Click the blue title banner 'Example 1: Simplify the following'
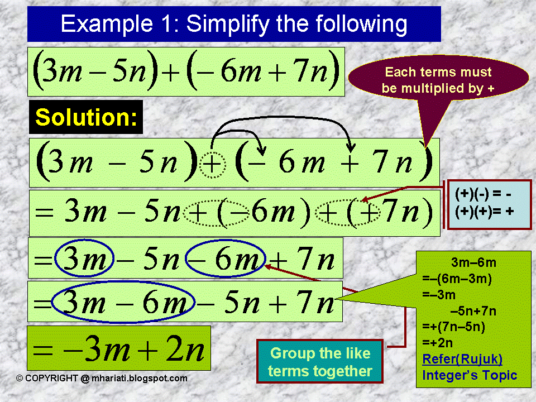coord(234,24)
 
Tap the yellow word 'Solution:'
coord(86,117)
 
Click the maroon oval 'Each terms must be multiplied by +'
coord(438,80)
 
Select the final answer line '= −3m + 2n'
coord(119,349)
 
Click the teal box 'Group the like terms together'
coord(320,362)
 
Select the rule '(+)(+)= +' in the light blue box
coord(484,211)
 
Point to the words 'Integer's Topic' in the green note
coord(470,375)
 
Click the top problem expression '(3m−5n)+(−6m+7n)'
coord(186,72)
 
